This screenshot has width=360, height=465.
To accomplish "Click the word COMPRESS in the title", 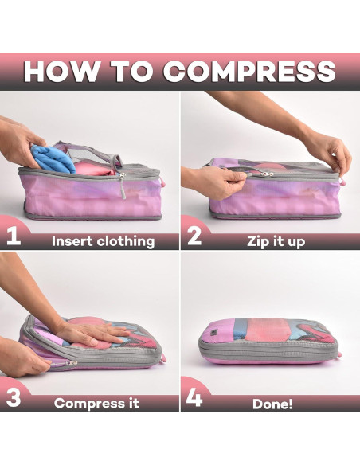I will tap(249, 71).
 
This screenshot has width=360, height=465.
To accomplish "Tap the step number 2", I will tap(194, 236).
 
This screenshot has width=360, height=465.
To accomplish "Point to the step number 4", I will tap(194, 398).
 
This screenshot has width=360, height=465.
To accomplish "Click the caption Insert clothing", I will tap(103, 241).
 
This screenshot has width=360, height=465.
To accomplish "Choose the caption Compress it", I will tap(96, 403).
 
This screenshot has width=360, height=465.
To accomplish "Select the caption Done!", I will tap(272, 404).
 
